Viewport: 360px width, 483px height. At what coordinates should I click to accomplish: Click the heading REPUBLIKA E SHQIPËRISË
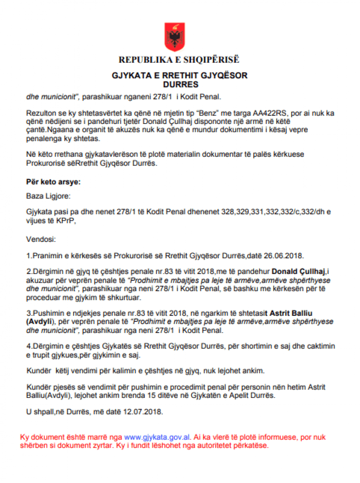pyautogui.click(x=179, y=60)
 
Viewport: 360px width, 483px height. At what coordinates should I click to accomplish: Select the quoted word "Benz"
pyautogui.click(x=204, y=113)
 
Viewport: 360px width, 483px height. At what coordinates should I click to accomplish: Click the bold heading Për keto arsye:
pyautogui.click(x=53, y=182)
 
